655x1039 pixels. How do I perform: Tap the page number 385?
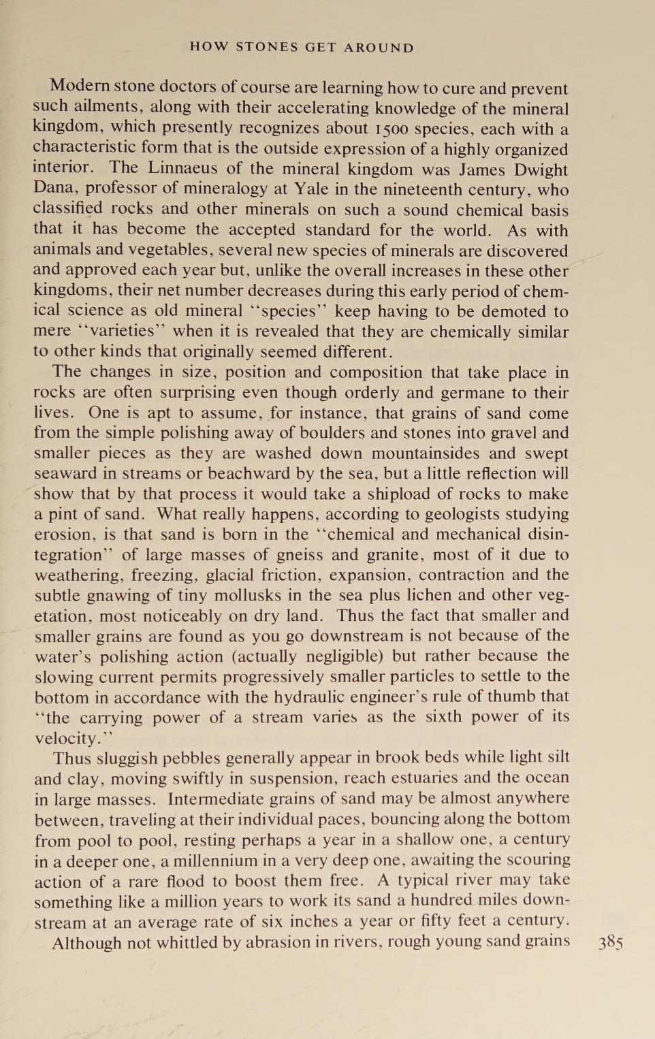click(x=611, y=942)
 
